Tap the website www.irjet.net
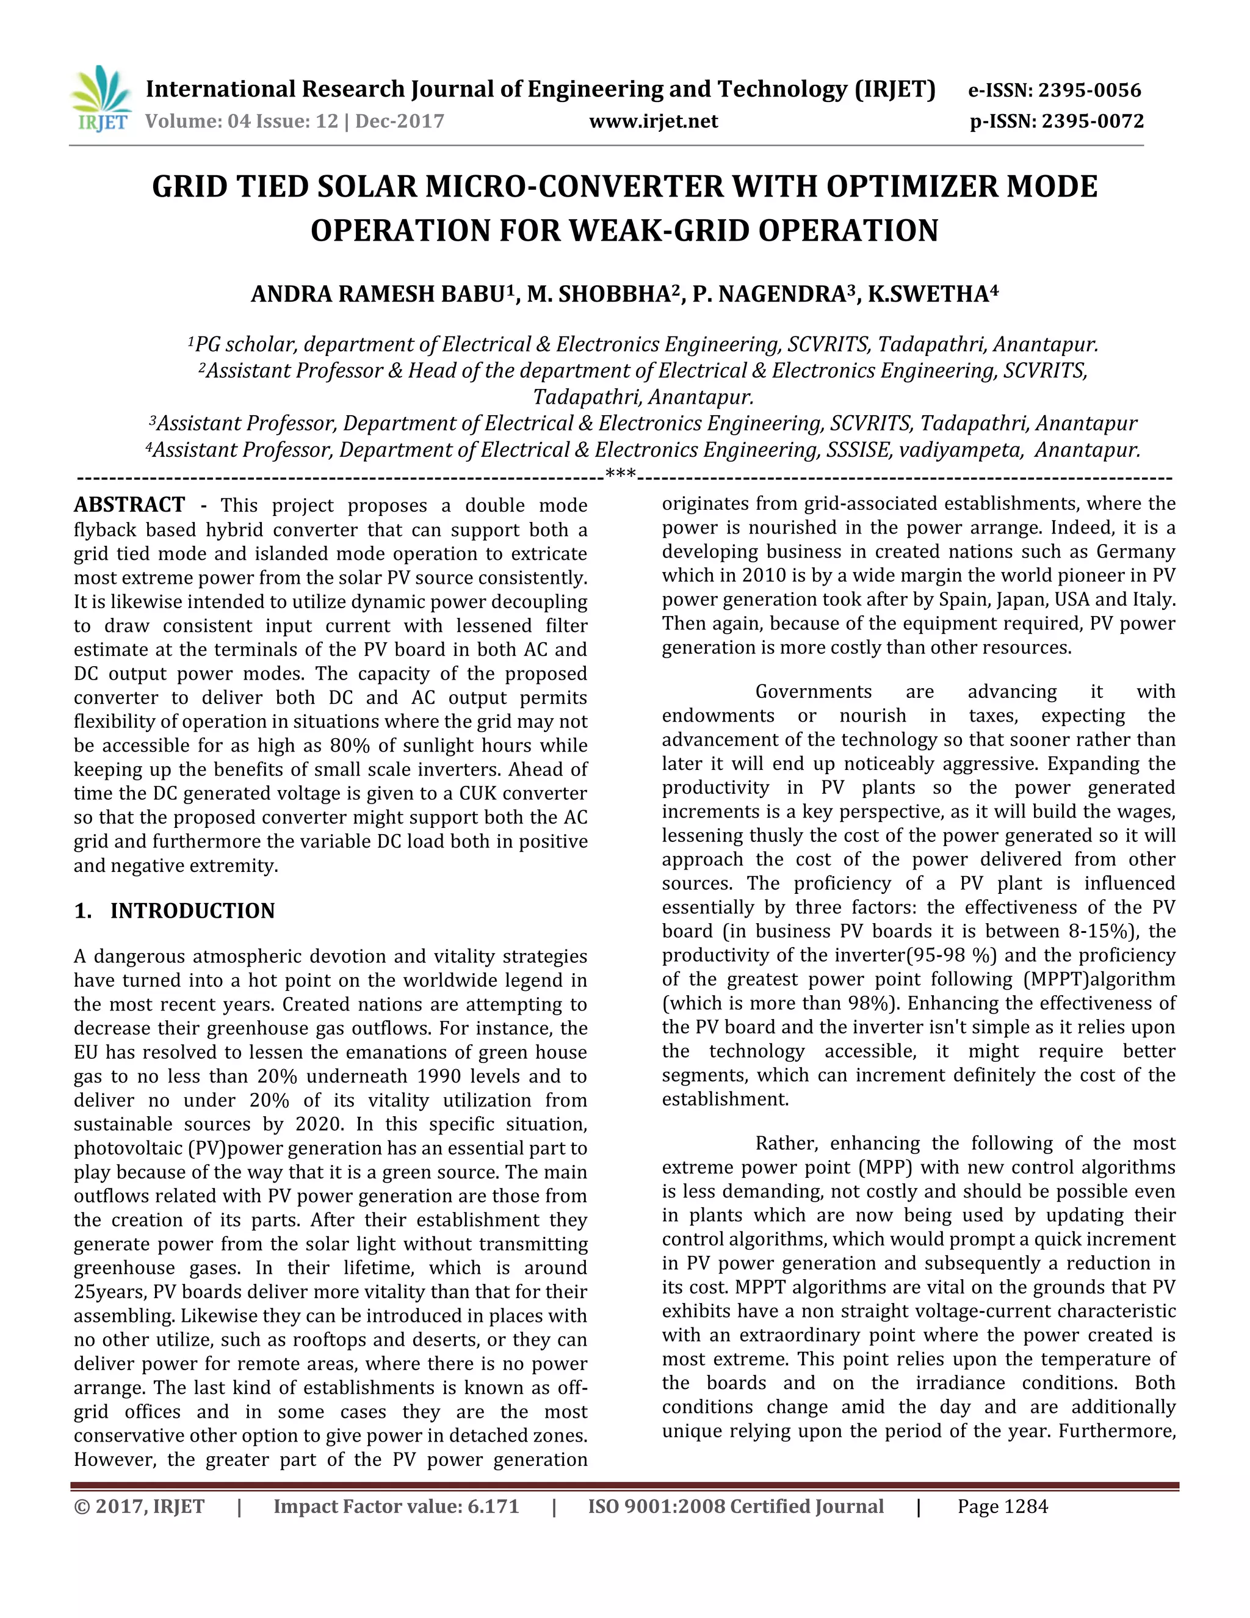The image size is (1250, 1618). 653,122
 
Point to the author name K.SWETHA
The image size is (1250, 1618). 931,295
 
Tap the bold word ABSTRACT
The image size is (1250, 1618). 129,506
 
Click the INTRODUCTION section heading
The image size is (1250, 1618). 192,911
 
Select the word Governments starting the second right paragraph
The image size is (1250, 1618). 813,692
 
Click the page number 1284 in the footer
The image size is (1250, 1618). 1025,1507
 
